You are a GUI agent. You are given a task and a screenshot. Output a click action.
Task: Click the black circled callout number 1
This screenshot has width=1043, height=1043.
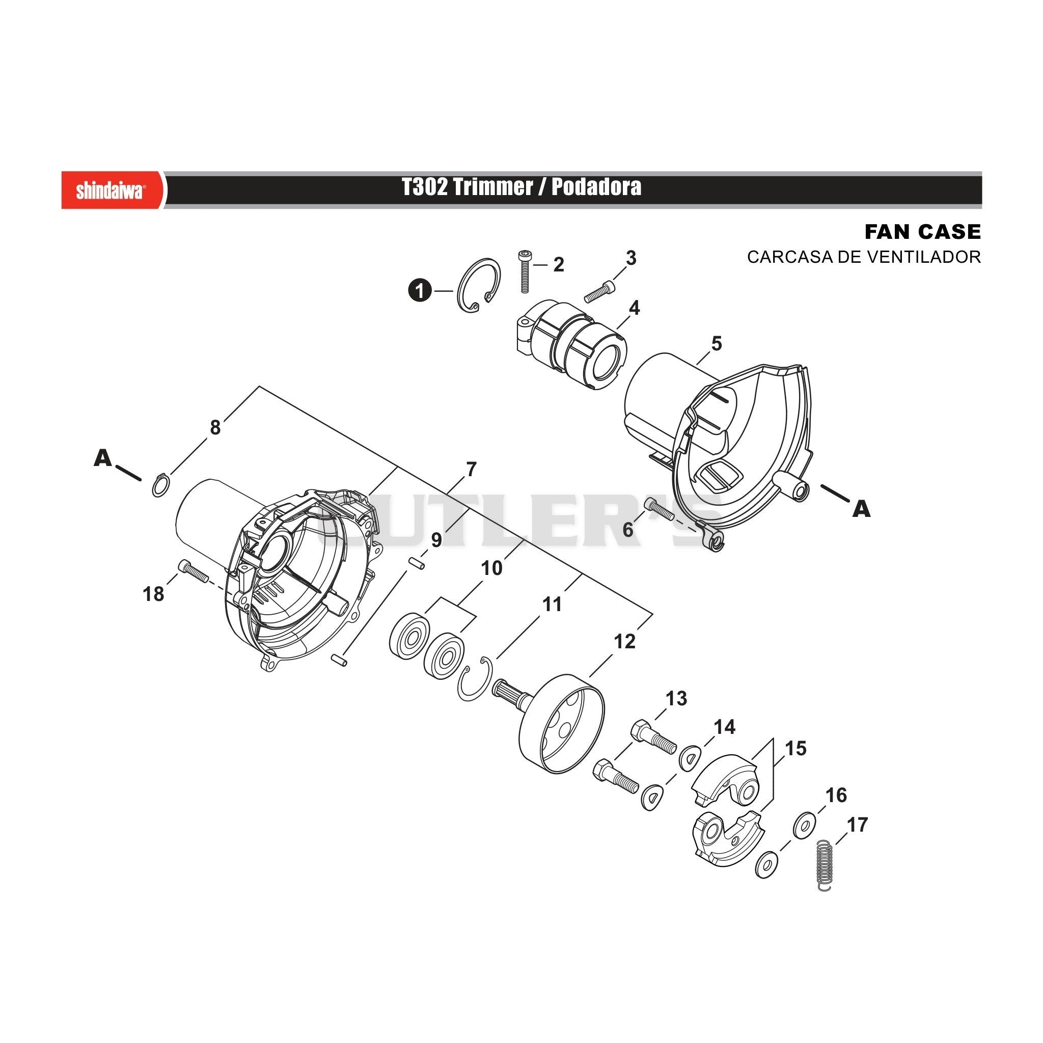point(420,291)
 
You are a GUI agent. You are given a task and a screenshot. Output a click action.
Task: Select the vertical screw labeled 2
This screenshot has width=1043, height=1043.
point(524,271)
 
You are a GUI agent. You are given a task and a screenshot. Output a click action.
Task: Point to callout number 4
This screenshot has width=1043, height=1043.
point(635,308)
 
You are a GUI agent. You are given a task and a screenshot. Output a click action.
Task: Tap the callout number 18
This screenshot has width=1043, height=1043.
point(153,594)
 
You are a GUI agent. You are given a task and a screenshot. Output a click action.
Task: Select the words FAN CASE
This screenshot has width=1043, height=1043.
point(922,232)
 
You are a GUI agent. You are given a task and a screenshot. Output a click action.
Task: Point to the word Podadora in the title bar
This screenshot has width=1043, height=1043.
point(596,187)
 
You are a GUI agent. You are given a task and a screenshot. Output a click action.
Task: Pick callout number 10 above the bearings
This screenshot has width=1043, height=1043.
point(491,568)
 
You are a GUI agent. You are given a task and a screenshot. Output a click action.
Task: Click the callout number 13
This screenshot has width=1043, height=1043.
point(676,699)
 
